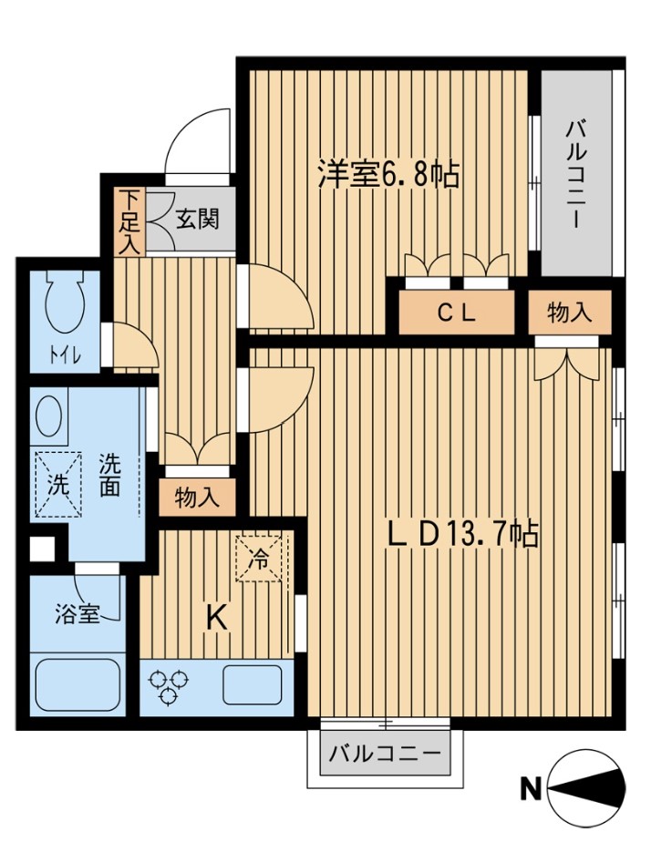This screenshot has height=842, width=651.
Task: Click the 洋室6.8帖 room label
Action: click(x=387, y=174)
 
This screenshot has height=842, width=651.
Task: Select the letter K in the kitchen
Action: click(x=214, y=618)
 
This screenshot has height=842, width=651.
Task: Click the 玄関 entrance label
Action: click(x=198, y=220)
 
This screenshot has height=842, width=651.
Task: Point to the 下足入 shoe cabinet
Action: click(x=129, y=221)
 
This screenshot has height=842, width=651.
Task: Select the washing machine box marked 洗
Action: click(x=57, y=485)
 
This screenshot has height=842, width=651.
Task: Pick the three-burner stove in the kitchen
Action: click(x=169, y=686)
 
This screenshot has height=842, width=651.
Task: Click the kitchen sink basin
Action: click(x=252, y=683)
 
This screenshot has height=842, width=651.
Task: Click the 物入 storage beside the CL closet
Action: click(x=570, y=313)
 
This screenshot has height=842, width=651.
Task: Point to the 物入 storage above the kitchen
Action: click(x=197, y=498)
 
